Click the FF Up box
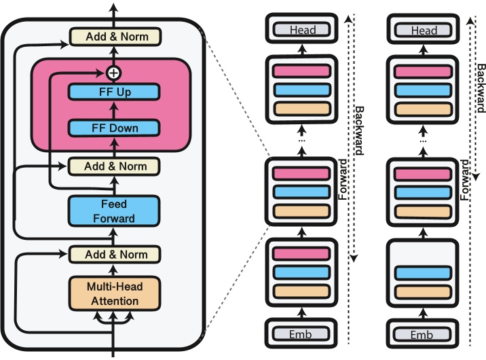coord(114,92)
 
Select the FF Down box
coord(114,127)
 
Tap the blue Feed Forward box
coord(114,211)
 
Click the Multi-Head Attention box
coord(114,292)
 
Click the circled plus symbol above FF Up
coord(114,71)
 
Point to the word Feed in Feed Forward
coord(114,204)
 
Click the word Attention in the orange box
coord(114,300)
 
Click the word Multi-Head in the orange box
coord(114,285)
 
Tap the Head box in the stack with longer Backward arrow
coord(302,30)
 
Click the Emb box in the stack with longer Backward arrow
coord(302,334)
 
